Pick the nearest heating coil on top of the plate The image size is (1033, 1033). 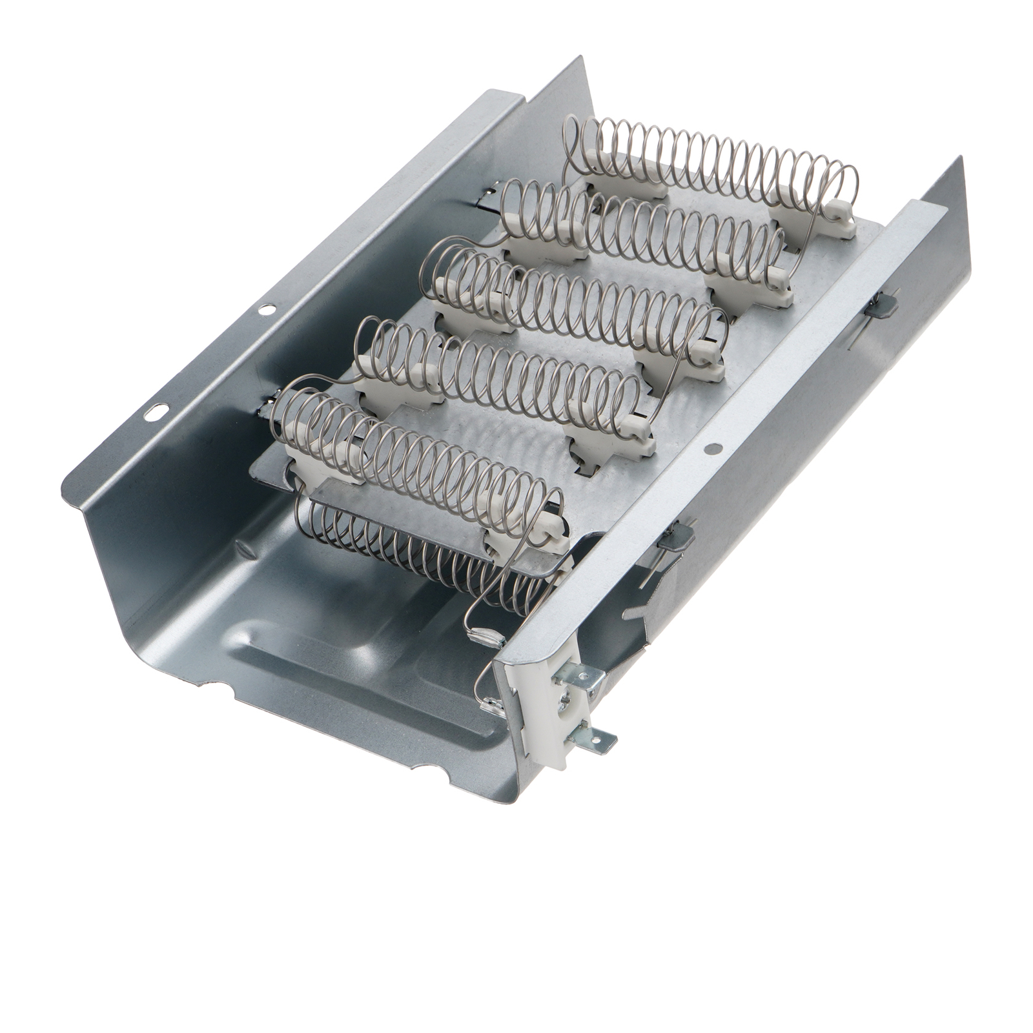[413, 452]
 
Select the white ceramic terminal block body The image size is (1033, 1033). [546, 717]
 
